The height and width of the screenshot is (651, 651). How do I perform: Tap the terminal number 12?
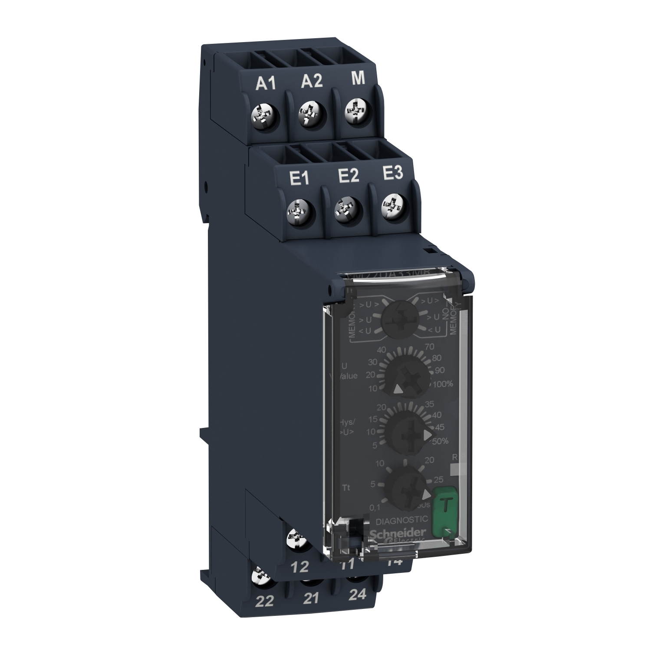[x=300, y=567]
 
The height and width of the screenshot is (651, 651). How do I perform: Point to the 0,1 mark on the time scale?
[x=374, y=506]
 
